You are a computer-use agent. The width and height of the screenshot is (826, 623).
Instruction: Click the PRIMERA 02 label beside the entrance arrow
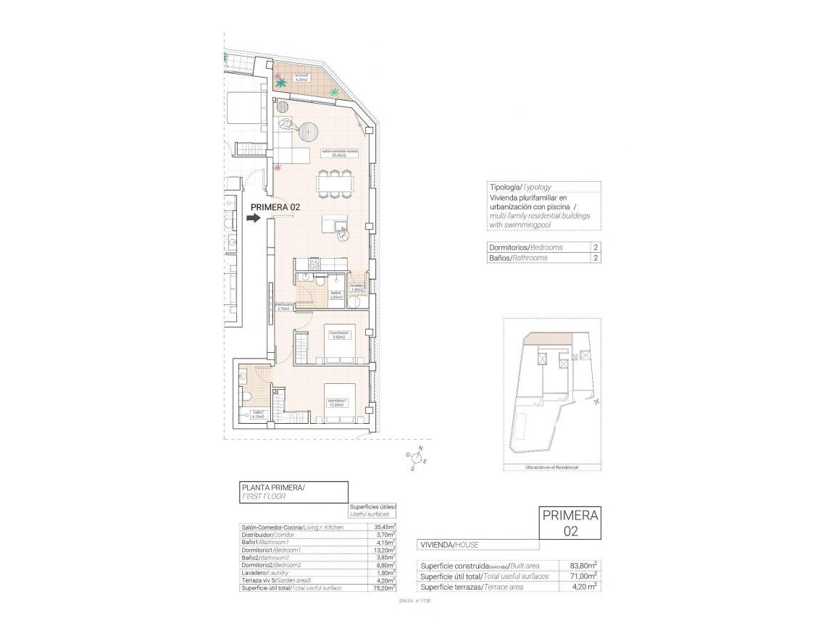click(275, 207)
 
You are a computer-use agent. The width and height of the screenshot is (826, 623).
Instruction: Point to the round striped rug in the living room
click(309, 132)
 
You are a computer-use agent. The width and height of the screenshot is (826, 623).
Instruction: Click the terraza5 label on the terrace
click(301, 78)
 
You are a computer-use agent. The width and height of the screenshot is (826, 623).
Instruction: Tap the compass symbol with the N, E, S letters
click(417, 458)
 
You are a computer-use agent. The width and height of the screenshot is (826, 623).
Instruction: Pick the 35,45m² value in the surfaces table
click(384, 527)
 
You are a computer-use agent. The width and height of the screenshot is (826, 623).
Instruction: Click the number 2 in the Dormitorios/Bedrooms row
click(595, 248)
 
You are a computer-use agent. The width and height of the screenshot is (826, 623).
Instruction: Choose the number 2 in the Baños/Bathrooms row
click(595, 258)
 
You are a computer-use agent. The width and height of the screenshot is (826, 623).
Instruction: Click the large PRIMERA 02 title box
click(570, 523)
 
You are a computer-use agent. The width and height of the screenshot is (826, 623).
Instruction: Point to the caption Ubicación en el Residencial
click(551, 468)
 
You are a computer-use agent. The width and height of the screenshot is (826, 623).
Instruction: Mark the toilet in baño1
click(247, 396)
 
